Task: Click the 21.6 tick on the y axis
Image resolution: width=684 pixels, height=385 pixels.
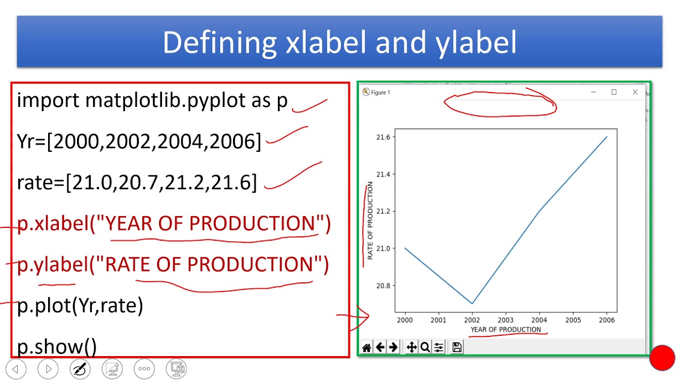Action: (x=384, y=137)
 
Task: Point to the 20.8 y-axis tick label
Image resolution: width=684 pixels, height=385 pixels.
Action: (x=384, y=286)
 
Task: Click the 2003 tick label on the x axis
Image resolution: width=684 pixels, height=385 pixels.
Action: (x=506, y=320)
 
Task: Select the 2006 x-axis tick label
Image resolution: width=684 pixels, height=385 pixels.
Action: (x=607, y=320)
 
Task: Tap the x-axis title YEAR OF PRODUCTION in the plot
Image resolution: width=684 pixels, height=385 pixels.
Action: (x=506, y=329)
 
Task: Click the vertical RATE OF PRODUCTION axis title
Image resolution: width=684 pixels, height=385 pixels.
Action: (x=370, y=221)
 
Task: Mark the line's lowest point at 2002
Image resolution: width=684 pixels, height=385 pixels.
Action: (x=472, y=303)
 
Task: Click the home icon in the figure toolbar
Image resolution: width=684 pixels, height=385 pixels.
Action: (x=367, y=348)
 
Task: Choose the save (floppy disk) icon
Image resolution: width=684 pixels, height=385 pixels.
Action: (x=457, y=347)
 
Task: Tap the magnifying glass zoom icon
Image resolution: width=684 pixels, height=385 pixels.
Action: (x=425, y=348)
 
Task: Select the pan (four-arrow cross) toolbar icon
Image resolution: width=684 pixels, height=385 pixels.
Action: (x=411, y=348)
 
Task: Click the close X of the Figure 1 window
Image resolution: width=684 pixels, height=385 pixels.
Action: (x=635, y=92)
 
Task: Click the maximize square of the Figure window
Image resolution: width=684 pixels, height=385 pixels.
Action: (x=614, y=92)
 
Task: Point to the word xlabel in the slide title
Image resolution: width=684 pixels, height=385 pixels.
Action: (x=325, y=42)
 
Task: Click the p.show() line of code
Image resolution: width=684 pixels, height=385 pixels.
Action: (x=57, y=347)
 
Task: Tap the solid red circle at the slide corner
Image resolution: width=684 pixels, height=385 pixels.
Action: (x=662, y=358)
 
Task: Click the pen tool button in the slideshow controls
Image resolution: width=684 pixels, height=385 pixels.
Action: (x=80, y=369)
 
